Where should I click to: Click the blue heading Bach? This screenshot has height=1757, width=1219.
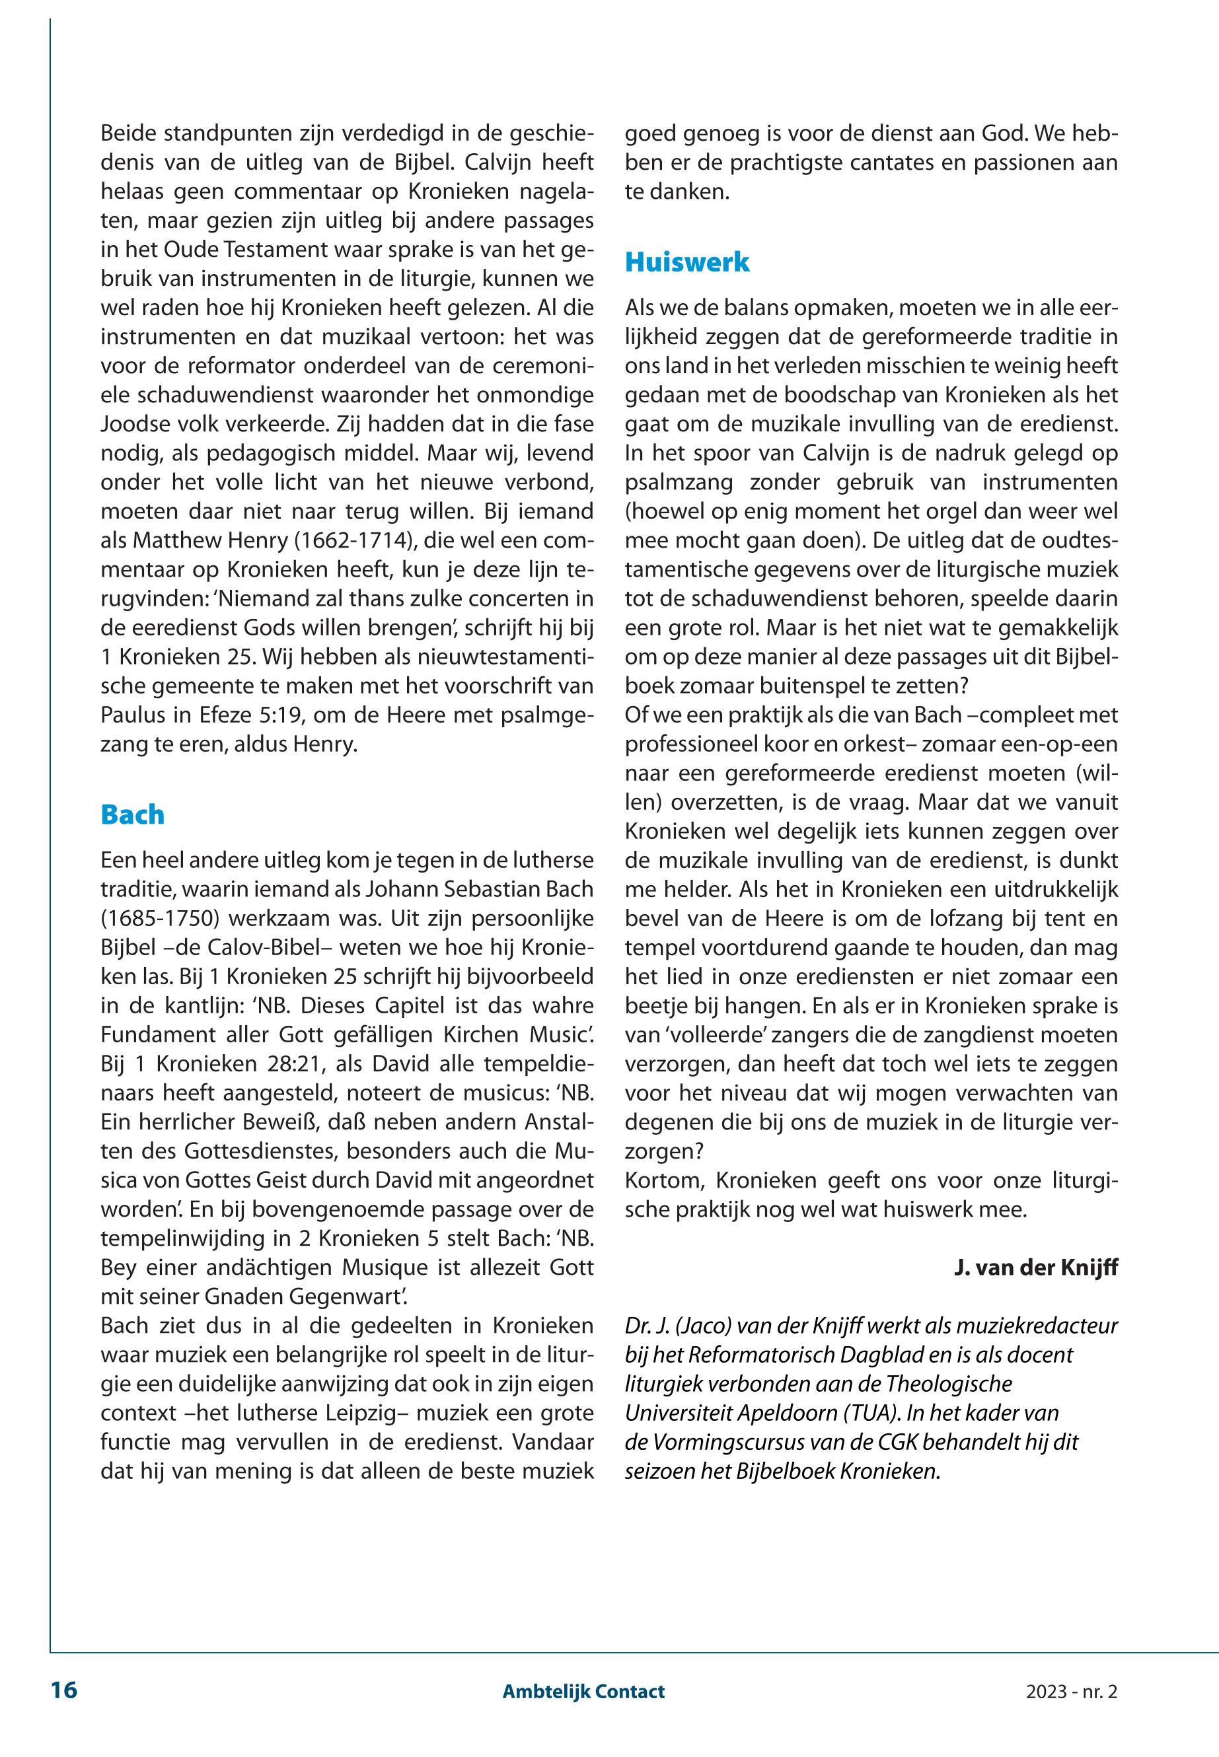132,814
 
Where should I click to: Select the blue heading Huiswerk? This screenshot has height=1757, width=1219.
686,263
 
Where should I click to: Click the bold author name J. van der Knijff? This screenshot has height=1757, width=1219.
1036,1269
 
